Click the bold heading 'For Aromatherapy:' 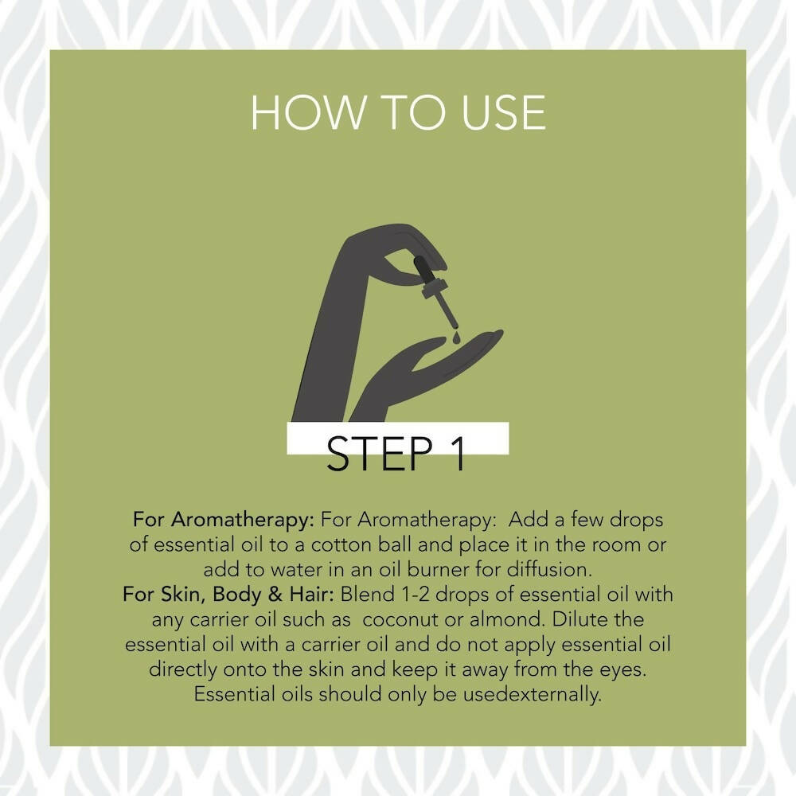(224, 521)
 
